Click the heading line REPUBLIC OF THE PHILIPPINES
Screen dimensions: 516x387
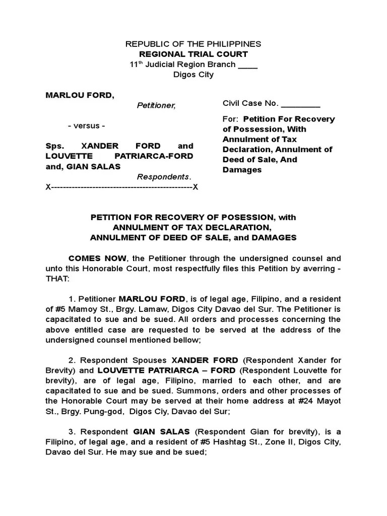tap(193, 44)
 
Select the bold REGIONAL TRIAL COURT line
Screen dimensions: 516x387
tap(193, 54)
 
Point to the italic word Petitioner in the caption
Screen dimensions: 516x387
tap(156, 105)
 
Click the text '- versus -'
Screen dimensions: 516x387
tap(87, 125)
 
